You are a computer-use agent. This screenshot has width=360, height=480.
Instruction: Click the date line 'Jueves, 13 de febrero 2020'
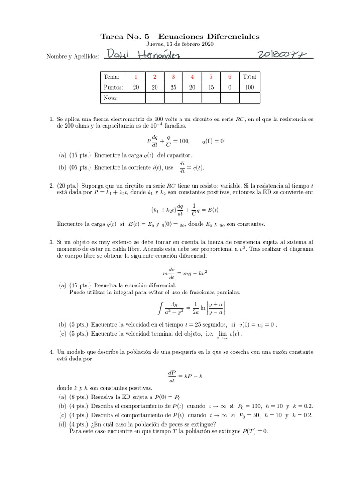coord(180,44)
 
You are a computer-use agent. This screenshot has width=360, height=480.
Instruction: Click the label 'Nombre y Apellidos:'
coord(73,56)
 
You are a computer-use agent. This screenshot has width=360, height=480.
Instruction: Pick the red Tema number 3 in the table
coord(173,77)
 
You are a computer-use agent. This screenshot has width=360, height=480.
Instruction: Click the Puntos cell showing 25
coord(173,87)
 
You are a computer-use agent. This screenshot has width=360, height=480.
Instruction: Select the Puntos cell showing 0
coord(230,87)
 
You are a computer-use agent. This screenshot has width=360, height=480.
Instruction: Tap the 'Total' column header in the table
coord(249,77)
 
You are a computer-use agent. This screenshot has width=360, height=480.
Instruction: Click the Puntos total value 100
coord(249,87)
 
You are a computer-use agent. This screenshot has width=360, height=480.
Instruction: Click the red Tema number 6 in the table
coord(230,77)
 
